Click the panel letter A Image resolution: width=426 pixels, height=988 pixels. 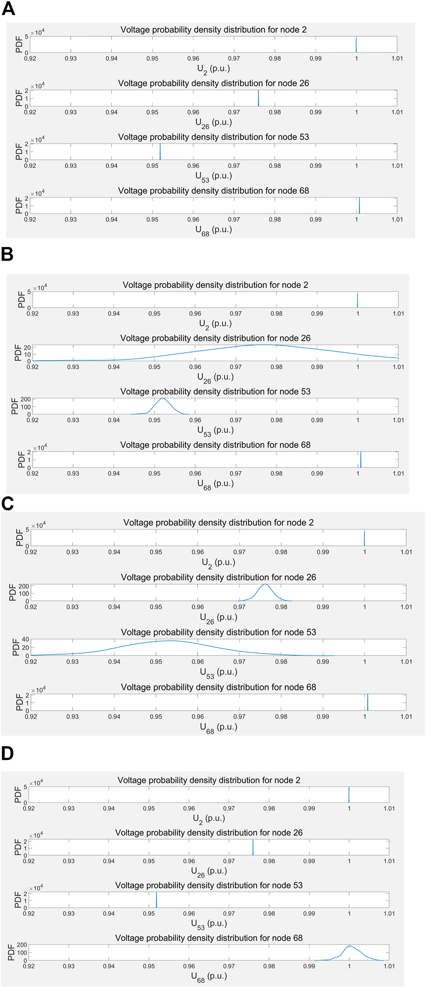tap(8, 9)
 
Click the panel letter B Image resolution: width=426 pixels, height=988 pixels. tap(7, 254)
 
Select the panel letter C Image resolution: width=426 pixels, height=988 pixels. tap(7, 503)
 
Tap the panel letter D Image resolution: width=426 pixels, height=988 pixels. tap(7, 753)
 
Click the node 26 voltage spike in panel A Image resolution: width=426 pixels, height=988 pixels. tap(258, 98)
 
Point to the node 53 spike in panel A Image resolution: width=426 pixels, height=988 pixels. tap(160, 152)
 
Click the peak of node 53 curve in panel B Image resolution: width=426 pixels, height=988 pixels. tap(162, 398)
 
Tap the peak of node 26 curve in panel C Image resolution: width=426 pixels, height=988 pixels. tap(265, 584)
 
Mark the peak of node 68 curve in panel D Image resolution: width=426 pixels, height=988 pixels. tap(350, 946)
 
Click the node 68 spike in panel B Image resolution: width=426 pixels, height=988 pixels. tap(361, 459)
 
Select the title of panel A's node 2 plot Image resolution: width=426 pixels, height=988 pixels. tap(213, 30)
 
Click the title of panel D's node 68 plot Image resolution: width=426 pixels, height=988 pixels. tap(209, 938)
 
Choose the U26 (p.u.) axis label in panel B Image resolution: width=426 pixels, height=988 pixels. tap(215, 378)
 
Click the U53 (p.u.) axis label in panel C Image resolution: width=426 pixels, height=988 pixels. tap(219, 673)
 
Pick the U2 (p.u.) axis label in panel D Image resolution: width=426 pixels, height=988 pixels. tap(209, 819)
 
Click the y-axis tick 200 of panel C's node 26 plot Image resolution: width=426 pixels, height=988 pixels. tap(23, 586)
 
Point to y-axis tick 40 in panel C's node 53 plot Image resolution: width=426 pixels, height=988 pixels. tap(25, 640)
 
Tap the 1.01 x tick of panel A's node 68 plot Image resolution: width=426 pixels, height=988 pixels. tap(397, 219)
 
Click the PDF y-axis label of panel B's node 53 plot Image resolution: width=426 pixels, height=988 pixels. tap(14, 406)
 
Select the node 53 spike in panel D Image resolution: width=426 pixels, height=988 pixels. tap(156, 900)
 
